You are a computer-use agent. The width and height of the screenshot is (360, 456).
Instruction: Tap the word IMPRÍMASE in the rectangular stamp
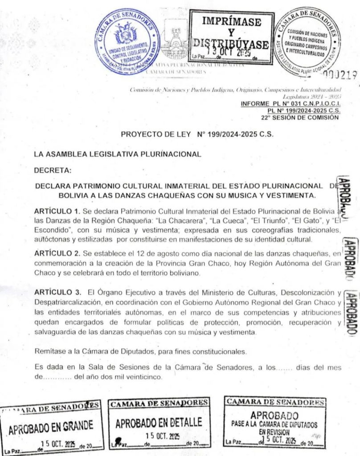click(x=230, y=21)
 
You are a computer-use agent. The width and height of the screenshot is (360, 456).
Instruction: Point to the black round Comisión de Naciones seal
click(x=307, y=41)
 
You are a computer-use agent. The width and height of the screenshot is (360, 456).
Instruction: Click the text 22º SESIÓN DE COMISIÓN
click(x=300, y=118)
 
